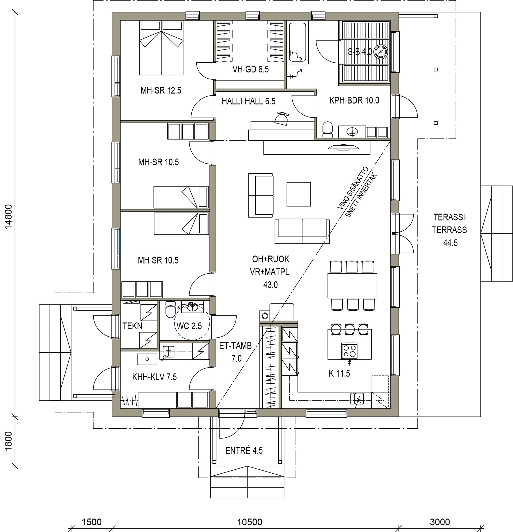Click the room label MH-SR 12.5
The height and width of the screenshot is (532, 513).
click(161, 90)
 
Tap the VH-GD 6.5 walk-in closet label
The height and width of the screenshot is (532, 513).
click(251, 69)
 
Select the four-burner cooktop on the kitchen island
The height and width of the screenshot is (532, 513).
click(349, 350)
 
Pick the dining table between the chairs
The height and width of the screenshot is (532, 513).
click(352, 286)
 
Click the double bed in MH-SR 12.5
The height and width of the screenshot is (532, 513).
click(161, 48)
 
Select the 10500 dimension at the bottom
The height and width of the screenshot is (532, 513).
click(250, 522)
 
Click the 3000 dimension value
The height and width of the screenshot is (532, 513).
click(440, 522)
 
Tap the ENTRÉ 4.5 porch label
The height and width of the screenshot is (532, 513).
click(244, 451)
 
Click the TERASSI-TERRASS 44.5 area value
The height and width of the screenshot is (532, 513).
click(450, 243)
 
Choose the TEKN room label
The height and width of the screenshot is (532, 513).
click(132, 326)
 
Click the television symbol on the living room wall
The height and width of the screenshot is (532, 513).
click(343, 147)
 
